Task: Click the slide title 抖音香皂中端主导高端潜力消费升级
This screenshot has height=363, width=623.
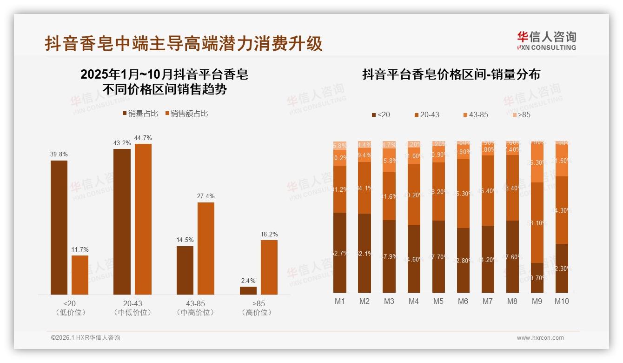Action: [184, 44]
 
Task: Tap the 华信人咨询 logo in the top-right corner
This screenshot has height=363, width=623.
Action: [546, 41]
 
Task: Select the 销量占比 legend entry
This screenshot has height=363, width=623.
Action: [140, 113]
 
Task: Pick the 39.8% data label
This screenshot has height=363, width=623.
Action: [59, 155]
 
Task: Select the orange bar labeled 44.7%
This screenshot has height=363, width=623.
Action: [143, 219]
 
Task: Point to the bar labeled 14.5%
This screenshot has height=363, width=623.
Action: [185, 270]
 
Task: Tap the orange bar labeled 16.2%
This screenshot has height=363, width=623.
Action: [269, 267]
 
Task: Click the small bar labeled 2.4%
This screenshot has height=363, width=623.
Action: [248, 290]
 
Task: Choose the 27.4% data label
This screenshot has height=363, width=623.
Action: [206, 196]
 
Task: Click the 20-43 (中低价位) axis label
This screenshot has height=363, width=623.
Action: [133, 308]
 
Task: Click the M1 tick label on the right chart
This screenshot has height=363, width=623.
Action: [340, 301]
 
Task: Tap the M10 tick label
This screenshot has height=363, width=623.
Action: [562, 301]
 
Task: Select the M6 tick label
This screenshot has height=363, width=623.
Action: [463, 301]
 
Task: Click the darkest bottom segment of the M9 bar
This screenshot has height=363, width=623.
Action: [537, 278]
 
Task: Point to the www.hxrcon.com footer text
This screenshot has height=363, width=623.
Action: [540, 338]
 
